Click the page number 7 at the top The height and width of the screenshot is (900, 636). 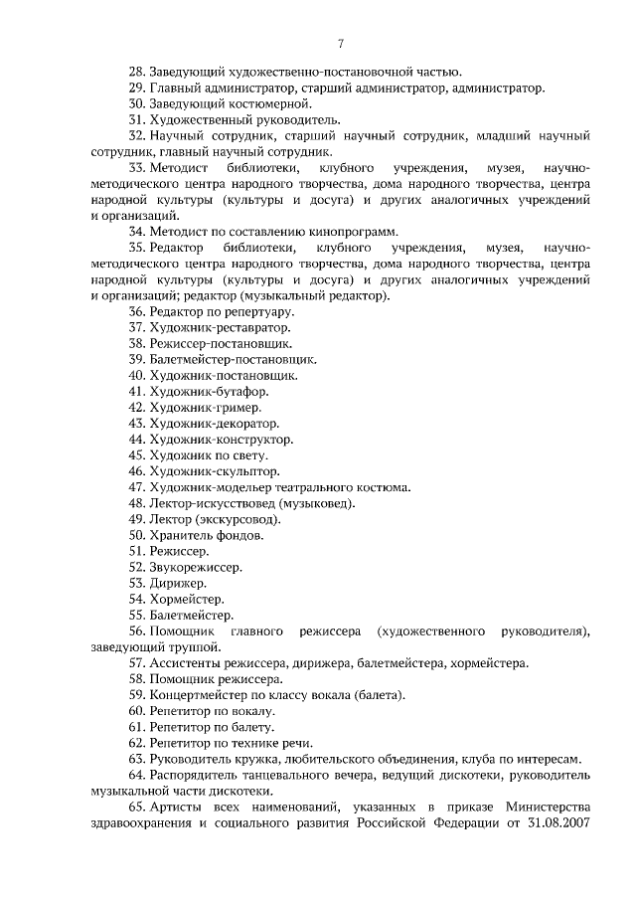(x=340, y=42)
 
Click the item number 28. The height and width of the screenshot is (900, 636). (x=137, y=71)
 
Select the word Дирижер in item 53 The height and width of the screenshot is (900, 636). (x=178, y=583)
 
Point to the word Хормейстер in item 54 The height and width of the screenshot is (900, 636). (x=186, y=600)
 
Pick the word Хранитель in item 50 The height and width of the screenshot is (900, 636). (x=183, y=535)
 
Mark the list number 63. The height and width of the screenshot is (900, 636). (x=137, y=760)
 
